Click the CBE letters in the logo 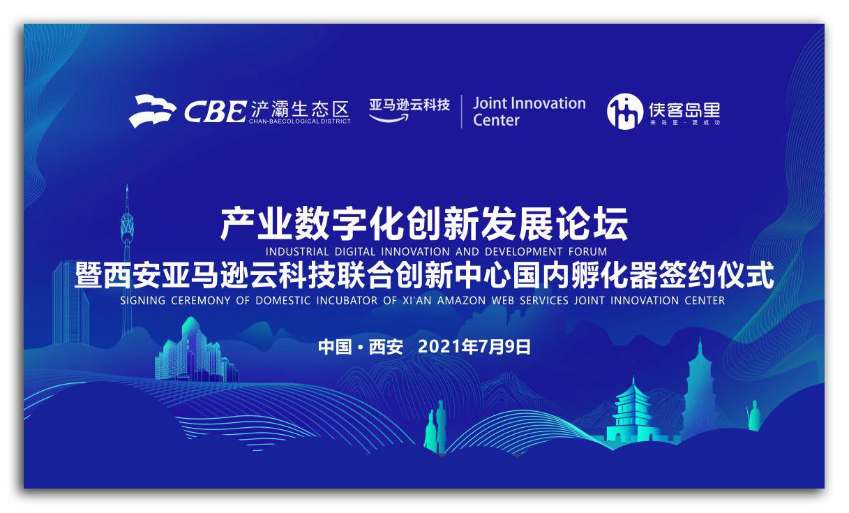216,112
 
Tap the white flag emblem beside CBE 152,111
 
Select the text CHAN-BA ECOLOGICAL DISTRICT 299,121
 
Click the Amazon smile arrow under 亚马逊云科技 389,118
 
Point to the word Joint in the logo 490,103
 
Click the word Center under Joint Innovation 496,120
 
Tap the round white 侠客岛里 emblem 625,112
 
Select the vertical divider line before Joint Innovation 461,112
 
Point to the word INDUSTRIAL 296,252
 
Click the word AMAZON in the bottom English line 461,301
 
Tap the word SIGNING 142,301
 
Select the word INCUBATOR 347,301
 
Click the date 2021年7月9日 474,347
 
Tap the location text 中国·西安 361,347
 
